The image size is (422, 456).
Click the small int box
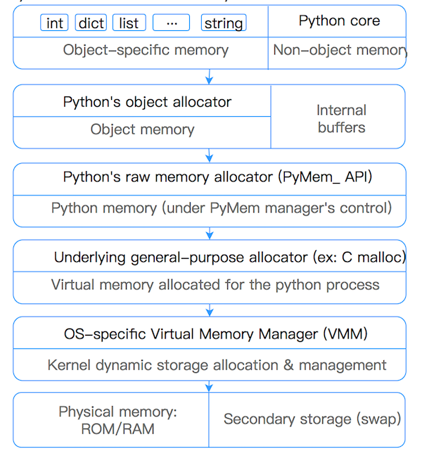[55, 23]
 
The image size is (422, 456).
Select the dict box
[91, 23]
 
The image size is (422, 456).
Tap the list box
[129, 23]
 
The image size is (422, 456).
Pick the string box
[224, 23]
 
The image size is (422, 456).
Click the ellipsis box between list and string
[172, 23]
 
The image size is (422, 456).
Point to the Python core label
[339, 20]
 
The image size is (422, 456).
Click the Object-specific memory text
[146, 50]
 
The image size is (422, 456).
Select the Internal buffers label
[341, 119]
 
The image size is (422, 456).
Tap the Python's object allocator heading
[147, 102]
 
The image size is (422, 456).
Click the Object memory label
[142, 129]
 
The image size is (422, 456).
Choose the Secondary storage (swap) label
[312, 419]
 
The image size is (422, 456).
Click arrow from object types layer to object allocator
[209, 77]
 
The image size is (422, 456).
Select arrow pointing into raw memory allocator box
[209, 156]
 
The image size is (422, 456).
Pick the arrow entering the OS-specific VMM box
[209, 309]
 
